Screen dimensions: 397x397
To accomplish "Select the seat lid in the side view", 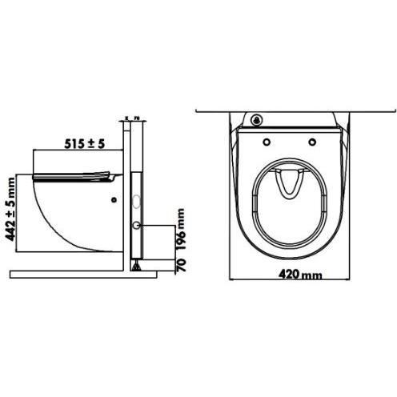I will pyautogui.click(x=76, y=174).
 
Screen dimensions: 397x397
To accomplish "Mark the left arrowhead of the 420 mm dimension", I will pyautogui.click(x=232, y=280).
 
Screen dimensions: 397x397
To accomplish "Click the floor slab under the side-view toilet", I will pyautogui.click(x=72, y=266).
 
